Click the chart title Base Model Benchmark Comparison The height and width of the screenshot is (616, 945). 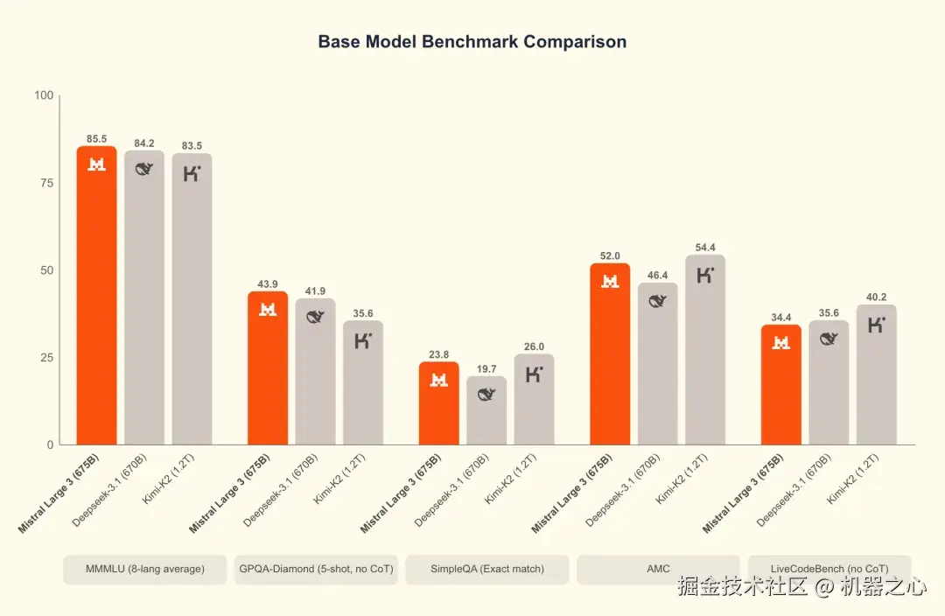(x=472, y=41)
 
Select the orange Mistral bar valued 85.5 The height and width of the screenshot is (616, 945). (x=96, y=297)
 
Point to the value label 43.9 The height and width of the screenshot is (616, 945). (x=268, y=284)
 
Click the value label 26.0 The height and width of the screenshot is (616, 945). (x=534, y=346)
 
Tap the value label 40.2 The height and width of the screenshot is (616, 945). (x=876, y=297)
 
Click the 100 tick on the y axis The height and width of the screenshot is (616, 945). (x=43, y=95)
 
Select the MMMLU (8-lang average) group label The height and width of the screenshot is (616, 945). (x=145, y=569)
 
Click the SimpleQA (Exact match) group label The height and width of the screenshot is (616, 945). (x=487, y=569)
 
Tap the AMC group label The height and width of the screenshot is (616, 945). (x=658, y=569)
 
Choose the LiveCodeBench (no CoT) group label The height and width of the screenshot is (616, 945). (x=829, y=569)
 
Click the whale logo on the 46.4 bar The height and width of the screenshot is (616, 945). (x=658, y=302)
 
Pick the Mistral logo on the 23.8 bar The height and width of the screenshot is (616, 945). (x=439, y=380)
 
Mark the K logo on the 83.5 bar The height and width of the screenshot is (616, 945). (x=192, y=173)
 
